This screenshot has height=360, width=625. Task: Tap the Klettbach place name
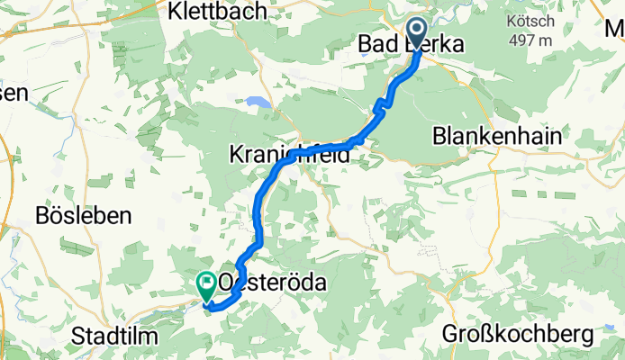click(x=216, y=12)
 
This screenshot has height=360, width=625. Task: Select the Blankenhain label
click(x=497, y=136)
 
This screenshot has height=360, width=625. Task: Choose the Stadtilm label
click(x=116, y=336)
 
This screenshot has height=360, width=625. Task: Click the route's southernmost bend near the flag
click(x=213, y=307)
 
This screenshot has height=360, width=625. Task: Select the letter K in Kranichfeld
click(x=237, y=156)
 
